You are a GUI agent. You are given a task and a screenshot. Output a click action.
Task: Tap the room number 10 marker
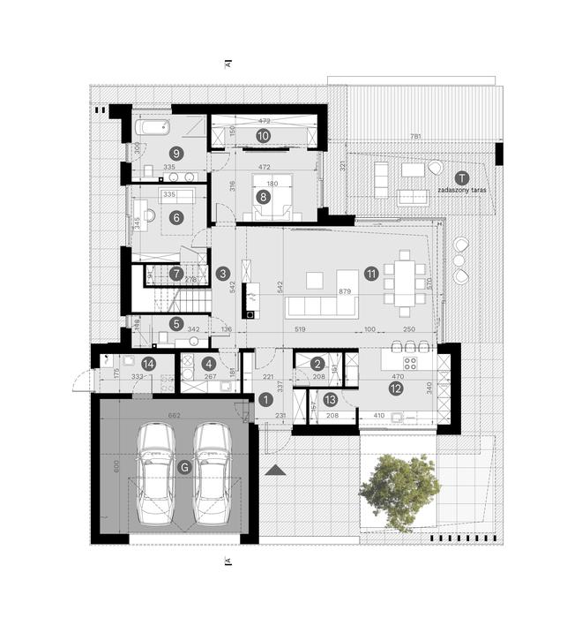263,135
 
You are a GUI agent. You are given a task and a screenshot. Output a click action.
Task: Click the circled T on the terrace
462,177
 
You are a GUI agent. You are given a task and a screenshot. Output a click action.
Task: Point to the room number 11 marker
371,274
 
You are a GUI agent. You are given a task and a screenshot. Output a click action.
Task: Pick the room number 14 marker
148,364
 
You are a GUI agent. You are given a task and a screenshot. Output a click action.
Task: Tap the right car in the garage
212,472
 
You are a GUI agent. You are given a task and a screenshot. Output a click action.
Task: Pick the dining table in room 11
404,281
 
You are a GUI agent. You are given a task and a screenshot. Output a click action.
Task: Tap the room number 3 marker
222,274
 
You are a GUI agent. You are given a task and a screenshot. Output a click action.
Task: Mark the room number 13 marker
329,399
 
